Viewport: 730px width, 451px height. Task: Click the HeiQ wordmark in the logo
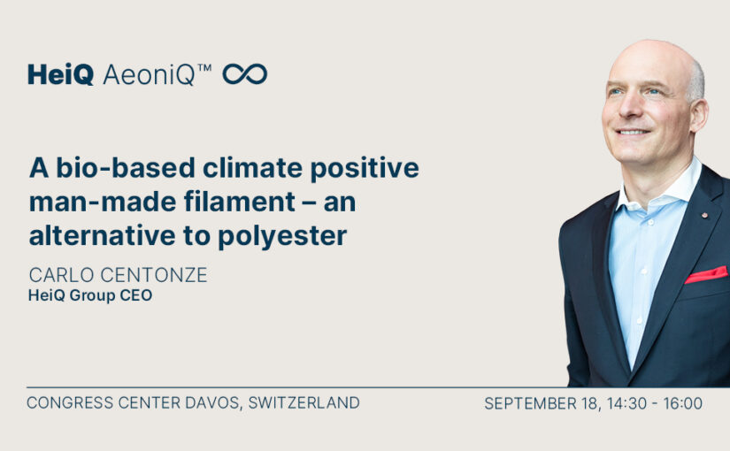click(x=60, y=74)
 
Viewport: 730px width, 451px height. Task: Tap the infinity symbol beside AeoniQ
click(x=245, y=74)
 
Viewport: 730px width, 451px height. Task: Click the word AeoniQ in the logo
click(x=149, y=74)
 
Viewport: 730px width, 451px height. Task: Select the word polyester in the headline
click(x=282, y=237)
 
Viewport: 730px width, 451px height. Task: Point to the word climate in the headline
click(x=252, y=168)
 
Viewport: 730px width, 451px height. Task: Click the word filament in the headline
click(x=239, y=202)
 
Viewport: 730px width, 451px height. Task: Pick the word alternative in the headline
click(x=103, y=235)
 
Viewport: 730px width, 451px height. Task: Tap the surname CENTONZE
click(x=154, y=275)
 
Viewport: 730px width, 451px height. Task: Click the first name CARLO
click(x=61, y=275)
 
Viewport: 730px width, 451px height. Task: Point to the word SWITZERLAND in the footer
click(x=304, y=402)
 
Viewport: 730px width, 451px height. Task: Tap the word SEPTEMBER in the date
click(x=530, y=403)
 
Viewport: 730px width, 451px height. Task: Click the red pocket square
click(x=706, y=275)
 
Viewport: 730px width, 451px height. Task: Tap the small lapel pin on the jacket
click(x=704, y=215)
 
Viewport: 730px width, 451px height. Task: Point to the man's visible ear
click(x=698, y=115)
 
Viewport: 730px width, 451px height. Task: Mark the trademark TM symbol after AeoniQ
click(x=204, y=68)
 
